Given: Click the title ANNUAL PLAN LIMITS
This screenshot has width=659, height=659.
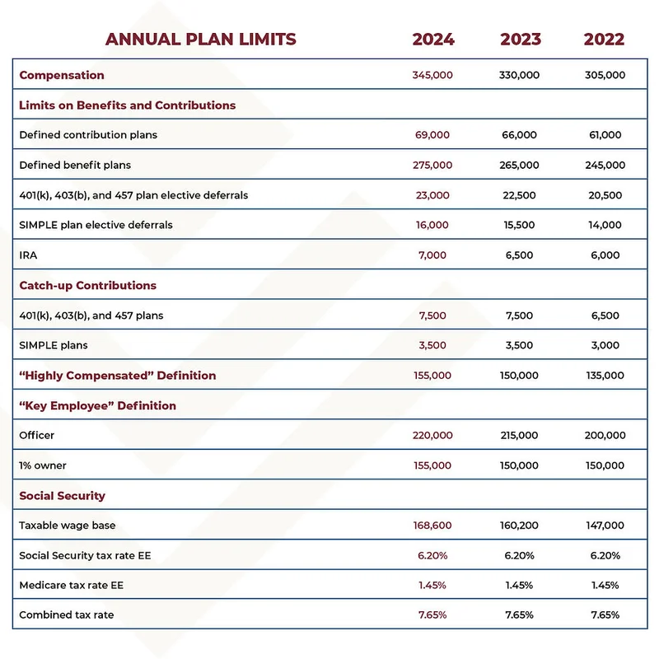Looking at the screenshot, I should coord(200,39).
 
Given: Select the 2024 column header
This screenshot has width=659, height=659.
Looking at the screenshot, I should coord(432,39).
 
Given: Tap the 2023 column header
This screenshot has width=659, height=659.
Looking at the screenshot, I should coord(520,39).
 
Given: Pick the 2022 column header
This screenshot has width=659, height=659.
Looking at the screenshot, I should coord(604,39).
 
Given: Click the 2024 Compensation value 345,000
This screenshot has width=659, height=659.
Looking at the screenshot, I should coord(432,75).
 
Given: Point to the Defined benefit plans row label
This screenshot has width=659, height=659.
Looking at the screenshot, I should coord(75,165).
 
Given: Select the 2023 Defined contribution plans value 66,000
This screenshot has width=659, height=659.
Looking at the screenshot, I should coord(519,135).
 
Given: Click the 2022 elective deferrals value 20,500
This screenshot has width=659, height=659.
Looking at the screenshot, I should coord(605,195).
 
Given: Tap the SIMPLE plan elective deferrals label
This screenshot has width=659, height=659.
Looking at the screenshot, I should coord(96,225).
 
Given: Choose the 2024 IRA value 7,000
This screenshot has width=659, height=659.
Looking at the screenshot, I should coord(432,255).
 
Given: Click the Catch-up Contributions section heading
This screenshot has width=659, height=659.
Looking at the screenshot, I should coord(87,285).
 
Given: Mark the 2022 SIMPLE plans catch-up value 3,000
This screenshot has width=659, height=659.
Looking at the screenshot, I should coord(605,345).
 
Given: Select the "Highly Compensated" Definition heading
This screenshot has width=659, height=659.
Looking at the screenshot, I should coord(117,376).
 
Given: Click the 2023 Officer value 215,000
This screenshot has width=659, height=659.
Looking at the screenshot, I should coord(519,436).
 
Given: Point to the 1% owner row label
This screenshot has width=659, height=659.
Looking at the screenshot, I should coord(43,465).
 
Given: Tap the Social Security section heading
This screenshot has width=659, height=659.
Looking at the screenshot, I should coord(62,496).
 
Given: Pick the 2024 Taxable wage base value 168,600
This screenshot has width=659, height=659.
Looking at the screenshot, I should coord(432,526).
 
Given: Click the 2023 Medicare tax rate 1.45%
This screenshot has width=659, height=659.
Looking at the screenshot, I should coord(519,586).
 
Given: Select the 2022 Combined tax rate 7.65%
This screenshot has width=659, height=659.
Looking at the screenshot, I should coord(605,615).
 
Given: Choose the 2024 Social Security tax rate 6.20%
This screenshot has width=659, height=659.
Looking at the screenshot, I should coord(432,556).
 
